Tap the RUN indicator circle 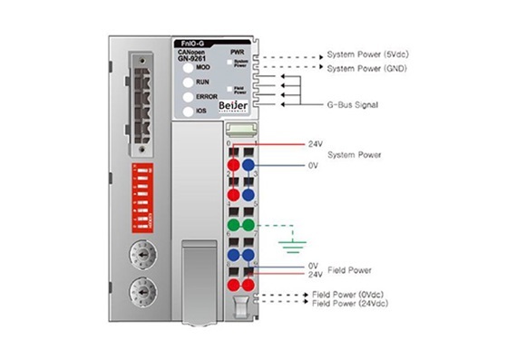[x=187, y=82]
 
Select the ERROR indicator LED [x=187, y=96]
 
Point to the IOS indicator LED [x=187, y=111]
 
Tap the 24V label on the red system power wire [x=316, y=143]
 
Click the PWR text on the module [x=238, y=52]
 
